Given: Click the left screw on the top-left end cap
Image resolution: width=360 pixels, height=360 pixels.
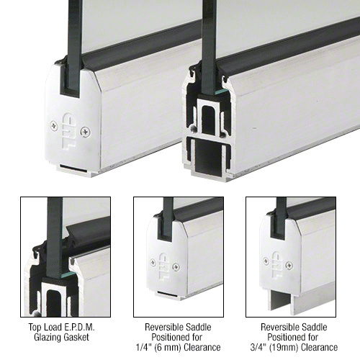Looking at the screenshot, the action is point(54,126).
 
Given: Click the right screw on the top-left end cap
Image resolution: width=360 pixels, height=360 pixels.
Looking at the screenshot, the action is point(86,132).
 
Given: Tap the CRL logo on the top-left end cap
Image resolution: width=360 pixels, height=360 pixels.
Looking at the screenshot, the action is point(69,131).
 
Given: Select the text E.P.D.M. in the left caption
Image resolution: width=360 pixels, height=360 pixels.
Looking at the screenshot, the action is point(79,327).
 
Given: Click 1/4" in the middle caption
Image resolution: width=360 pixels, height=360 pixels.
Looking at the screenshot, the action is point(143,347).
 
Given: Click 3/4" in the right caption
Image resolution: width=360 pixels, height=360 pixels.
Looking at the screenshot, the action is point(258,347).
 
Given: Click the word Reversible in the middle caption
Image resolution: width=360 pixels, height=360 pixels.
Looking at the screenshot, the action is point(162,327).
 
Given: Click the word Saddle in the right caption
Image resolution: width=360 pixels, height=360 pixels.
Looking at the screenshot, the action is point(314,327).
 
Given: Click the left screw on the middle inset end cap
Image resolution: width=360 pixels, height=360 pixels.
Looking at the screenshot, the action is point(153,263).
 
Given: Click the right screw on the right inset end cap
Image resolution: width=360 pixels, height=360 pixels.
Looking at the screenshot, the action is point(289,265).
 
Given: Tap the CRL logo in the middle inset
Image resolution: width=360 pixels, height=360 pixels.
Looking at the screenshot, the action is point(164,266).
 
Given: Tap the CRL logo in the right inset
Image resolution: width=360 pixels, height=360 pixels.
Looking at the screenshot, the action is point(277,264).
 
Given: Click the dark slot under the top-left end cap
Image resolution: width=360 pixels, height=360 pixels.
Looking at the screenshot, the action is point(73,167).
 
